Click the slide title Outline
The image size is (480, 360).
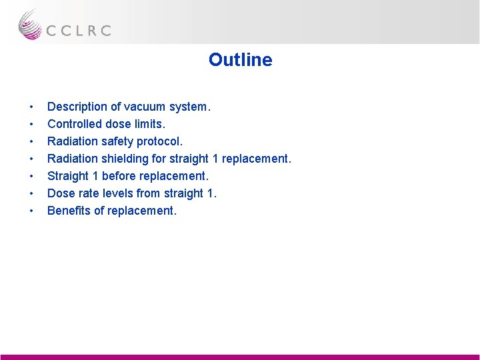pos(240,60)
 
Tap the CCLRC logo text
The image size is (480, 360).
pos(78,30)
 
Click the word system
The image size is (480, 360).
pos(189,107)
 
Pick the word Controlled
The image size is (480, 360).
pos(74,124)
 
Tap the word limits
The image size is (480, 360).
pos(149,124)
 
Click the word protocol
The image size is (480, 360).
pos(159,141)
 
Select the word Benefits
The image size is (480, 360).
pos(68,211)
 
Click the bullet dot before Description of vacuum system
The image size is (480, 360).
pos(31,107)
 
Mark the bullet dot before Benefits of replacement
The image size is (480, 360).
pos(31,211)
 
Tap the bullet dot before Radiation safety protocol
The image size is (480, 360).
pos(31,142)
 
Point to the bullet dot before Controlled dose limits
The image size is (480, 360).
pos(31,125)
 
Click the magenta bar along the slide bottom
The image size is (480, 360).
pos(240,357)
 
